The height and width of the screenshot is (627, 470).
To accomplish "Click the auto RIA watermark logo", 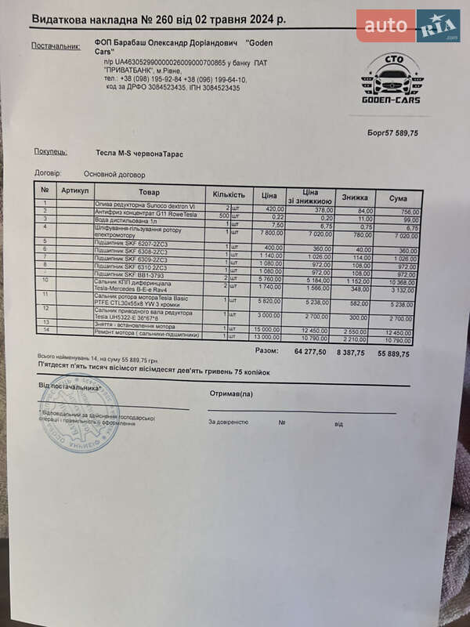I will [408, 26].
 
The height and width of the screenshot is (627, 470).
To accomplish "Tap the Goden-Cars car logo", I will [390, 80].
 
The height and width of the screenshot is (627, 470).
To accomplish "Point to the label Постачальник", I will [56, 46].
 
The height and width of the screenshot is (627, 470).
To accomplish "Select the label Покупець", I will [50, 152].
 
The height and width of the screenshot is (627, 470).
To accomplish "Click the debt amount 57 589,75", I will [399, 133].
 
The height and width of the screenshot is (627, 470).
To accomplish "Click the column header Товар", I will [149, 193].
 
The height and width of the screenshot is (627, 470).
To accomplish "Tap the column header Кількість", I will [229, 194].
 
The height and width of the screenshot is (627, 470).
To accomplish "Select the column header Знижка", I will [354, 198].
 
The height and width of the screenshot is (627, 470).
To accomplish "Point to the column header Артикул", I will [75, 190].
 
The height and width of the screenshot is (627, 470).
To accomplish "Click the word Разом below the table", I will [267, 350].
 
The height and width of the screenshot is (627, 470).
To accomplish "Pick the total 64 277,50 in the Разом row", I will [309, 352].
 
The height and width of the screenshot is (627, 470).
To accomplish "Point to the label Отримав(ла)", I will [231, 393].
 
